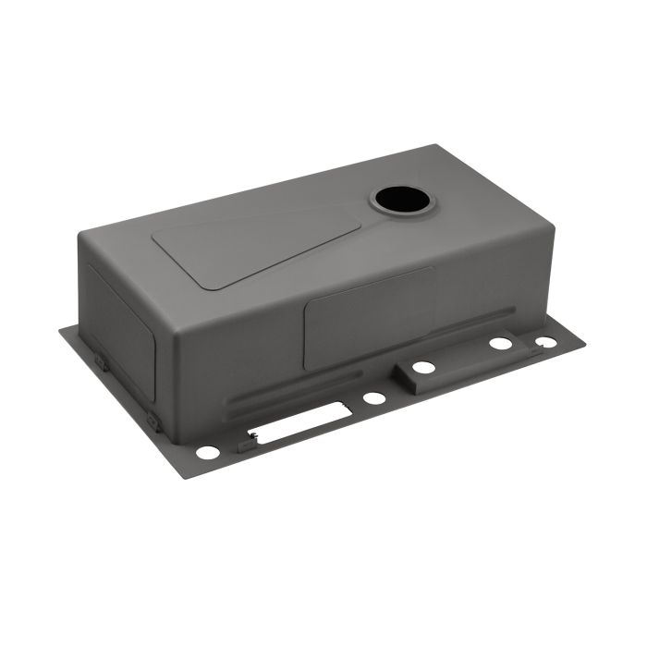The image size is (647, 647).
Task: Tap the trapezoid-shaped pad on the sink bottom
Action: click(250, 242)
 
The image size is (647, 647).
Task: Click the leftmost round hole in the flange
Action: click(208, 453)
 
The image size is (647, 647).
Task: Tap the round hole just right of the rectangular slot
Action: click(374, 398)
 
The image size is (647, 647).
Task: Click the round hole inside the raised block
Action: click(423, 368)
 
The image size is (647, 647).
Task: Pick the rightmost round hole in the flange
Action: click(546, 342)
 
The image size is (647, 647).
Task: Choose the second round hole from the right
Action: click(501, 343)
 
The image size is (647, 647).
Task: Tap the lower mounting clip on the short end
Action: click(153, 423)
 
